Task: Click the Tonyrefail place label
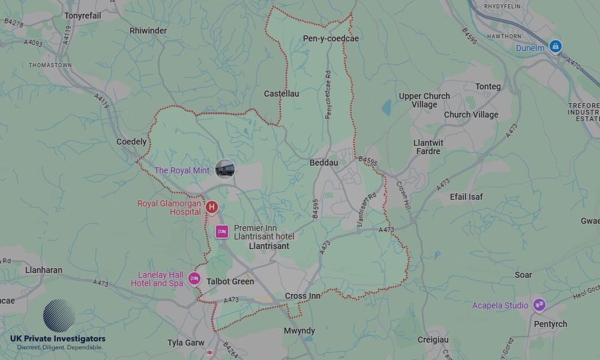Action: click(x=83, y=16)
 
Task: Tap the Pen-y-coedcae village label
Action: click(x=331, y=39)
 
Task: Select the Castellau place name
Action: click(x=281, y=94)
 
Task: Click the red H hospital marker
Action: click(x=211, y=208)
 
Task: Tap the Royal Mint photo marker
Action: click(x=225, y=169)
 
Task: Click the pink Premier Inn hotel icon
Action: click(x=222, y=232)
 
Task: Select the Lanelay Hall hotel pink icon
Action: click(x=194, y=278)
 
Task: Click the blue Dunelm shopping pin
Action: click(x=556, y=46)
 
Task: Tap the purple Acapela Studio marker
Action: click(x=539, y=305)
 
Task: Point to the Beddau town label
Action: click(x=324, y=163)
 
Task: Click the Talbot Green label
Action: click(x=230, y=281)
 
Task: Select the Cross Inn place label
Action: click(x=303, y=296)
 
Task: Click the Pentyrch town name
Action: click(x=550, y=325)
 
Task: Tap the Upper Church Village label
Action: click(x=424, y=100)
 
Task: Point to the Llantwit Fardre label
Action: click(x=427, y=147)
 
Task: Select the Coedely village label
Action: click(x=131, y=142)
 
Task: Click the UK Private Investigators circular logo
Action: click(x=59, y=316)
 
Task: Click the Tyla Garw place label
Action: click(x=186, y=343)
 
